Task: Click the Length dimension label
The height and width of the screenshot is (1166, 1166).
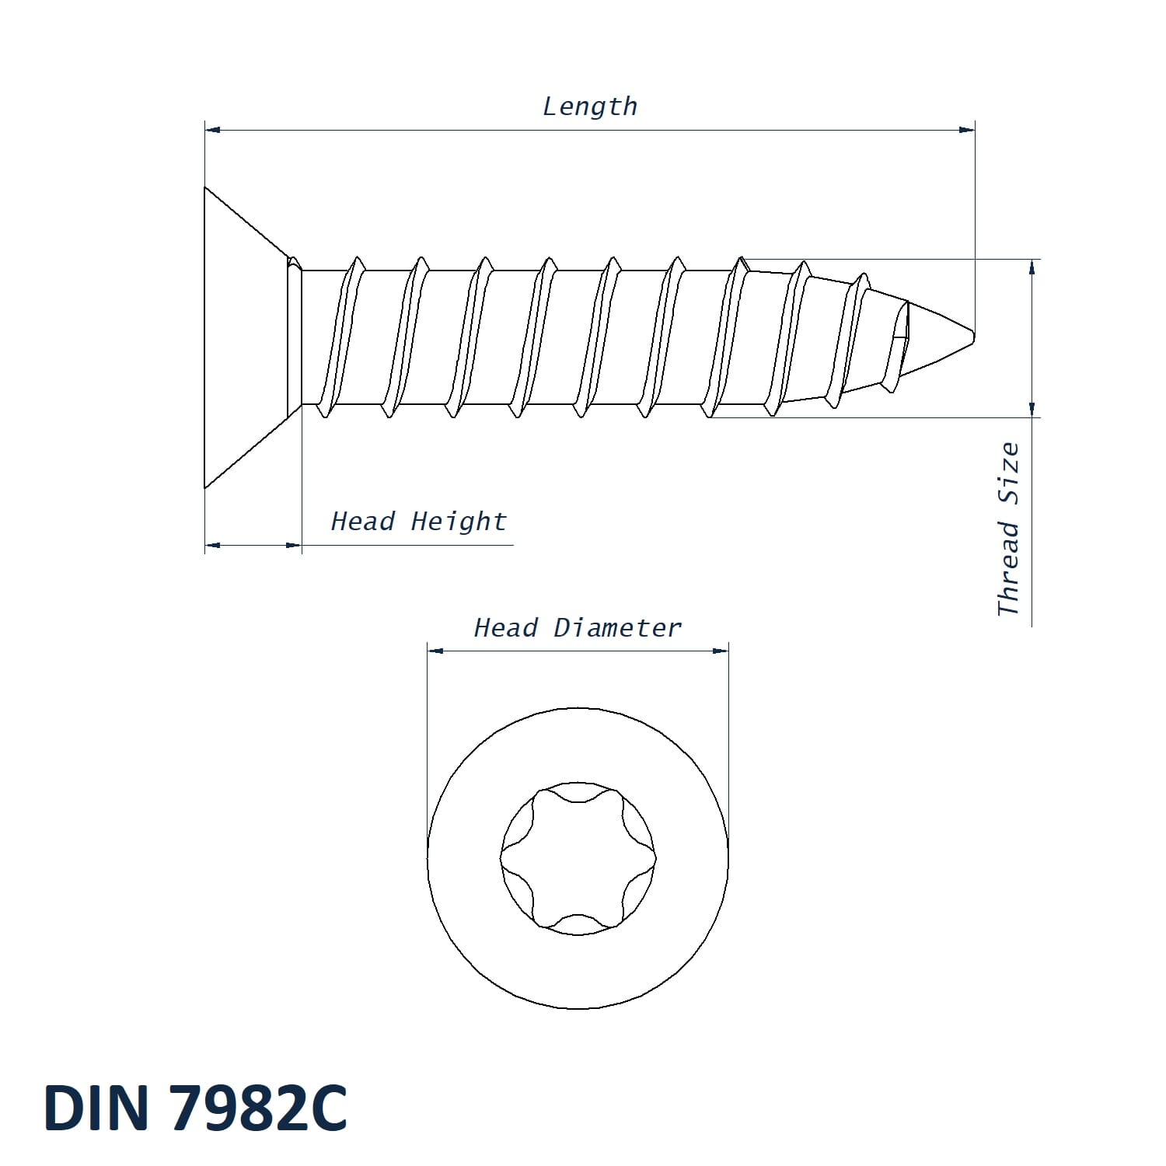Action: tap(589, 106)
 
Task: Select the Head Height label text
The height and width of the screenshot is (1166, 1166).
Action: tap(418, 522)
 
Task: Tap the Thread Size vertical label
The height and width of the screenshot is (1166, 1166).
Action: tap(1008, 529)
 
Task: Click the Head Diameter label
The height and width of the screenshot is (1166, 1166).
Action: tap(578, 628)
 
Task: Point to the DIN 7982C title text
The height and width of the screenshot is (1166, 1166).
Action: tap(195, 1108)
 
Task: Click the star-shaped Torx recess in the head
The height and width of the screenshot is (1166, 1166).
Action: tap(578, 858)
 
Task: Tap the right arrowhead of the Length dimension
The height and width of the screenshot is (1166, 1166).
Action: tap(966, 130)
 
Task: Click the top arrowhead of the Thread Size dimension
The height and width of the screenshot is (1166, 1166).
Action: tap(1032, 267)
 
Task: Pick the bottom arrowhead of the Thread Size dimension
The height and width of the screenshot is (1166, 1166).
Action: tap(1032, 410)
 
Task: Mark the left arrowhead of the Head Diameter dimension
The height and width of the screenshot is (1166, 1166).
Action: tap(435, 651)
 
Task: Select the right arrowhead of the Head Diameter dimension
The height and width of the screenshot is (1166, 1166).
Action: tap(721, 651)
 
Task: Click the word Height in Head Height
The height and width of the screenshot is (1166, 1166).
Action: tap(459, 522)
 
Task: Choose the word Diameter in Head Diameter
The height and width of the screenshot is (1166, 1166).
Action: tap(617, 628)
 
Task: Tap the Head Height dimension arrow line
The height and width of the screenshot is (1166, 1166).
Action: tap(253, 545)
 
